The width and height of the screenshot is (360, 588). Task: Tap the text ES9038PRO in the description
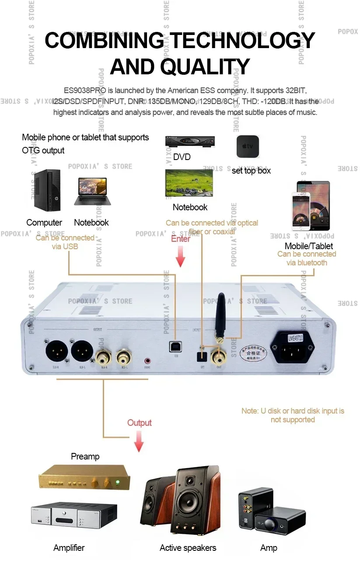pos(82,90)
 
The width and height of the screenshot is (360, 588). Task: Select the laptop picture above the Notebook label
pos(92,191)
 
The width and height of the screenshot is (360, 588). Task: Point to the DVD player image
pos(190,142)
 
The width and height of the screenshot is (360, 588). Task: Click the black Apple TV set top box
pos(248,146)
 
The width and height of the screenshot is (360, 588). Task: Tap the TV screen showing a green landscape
pos(189,182)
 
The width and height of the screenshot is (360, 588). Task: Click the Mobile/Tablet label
pos(308,246)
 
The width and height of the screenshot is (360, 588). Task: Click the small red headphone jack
pos(147,361)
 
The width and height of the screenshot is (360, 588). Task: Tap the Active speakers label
pos(188,548)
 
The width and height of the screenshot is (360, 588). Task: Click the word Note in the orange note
pos(249,411)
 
